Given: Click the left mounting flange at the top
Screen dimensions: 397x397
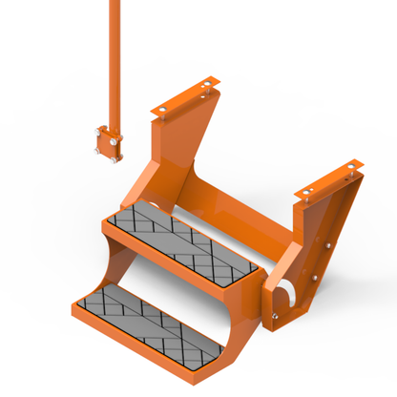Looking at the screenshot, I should [x=187, y=101].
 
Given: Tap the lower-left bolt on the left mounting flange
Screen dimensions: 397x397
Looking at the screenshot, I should [x=164, y=111].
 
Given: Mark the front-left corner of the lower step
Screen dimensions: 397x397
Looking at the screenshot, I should [x=76, y=307].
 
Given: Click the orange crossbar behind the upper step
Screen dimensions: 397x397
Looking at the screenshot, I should [x=239, y=229].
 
